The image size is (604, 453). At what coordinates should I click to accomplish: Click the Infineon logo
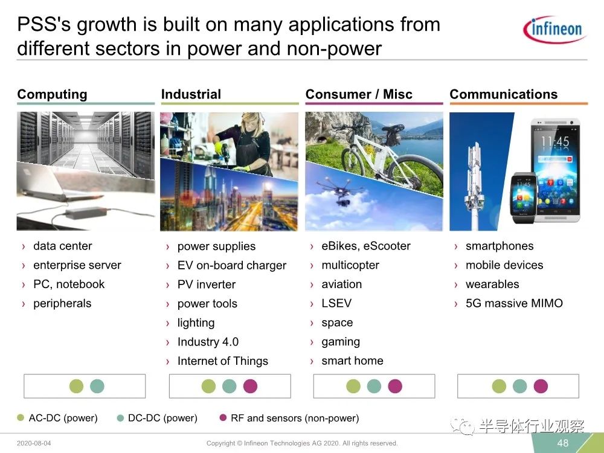554,29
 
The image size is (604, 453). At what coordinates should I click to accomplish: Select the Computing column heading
53,94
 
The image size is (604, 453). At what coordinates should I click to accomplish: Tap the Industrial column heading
191,94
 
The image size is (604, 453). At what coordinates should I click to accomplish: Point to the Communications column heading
504,94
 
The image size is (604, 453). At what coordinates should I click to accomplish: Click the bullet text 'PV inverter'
207,284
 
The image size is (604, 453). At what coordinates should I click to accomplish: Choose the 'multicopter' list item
350,265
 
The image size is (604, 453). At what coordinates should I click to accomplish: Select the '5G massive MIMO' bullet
514,303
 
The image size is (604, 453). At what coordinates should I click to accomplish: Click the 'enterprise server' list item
77,265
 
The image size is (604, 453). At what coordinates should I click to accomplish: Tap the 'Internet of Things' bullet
223,361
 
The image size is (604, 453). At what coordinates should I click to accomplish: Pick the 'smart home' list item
352,361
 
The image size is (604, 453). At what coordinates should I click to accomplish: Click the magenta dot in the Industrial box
251,386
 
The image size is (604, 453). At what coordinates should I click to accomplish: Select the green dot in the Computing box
76,386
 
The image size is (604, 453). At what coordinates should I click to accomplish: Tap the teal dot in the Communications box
519,386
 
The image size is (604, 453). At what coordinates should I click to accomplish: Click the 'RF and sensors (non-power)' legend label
295,418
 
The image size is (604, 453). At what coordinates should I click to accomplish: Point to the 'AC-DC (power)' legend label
63,418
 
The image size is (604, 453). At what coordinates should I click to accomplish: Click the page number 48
563,443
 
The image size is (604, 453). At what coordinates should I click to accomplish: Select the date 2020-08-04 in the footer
34,443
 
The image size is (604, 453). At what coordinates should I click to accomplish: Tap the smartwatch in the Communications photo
522,198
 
